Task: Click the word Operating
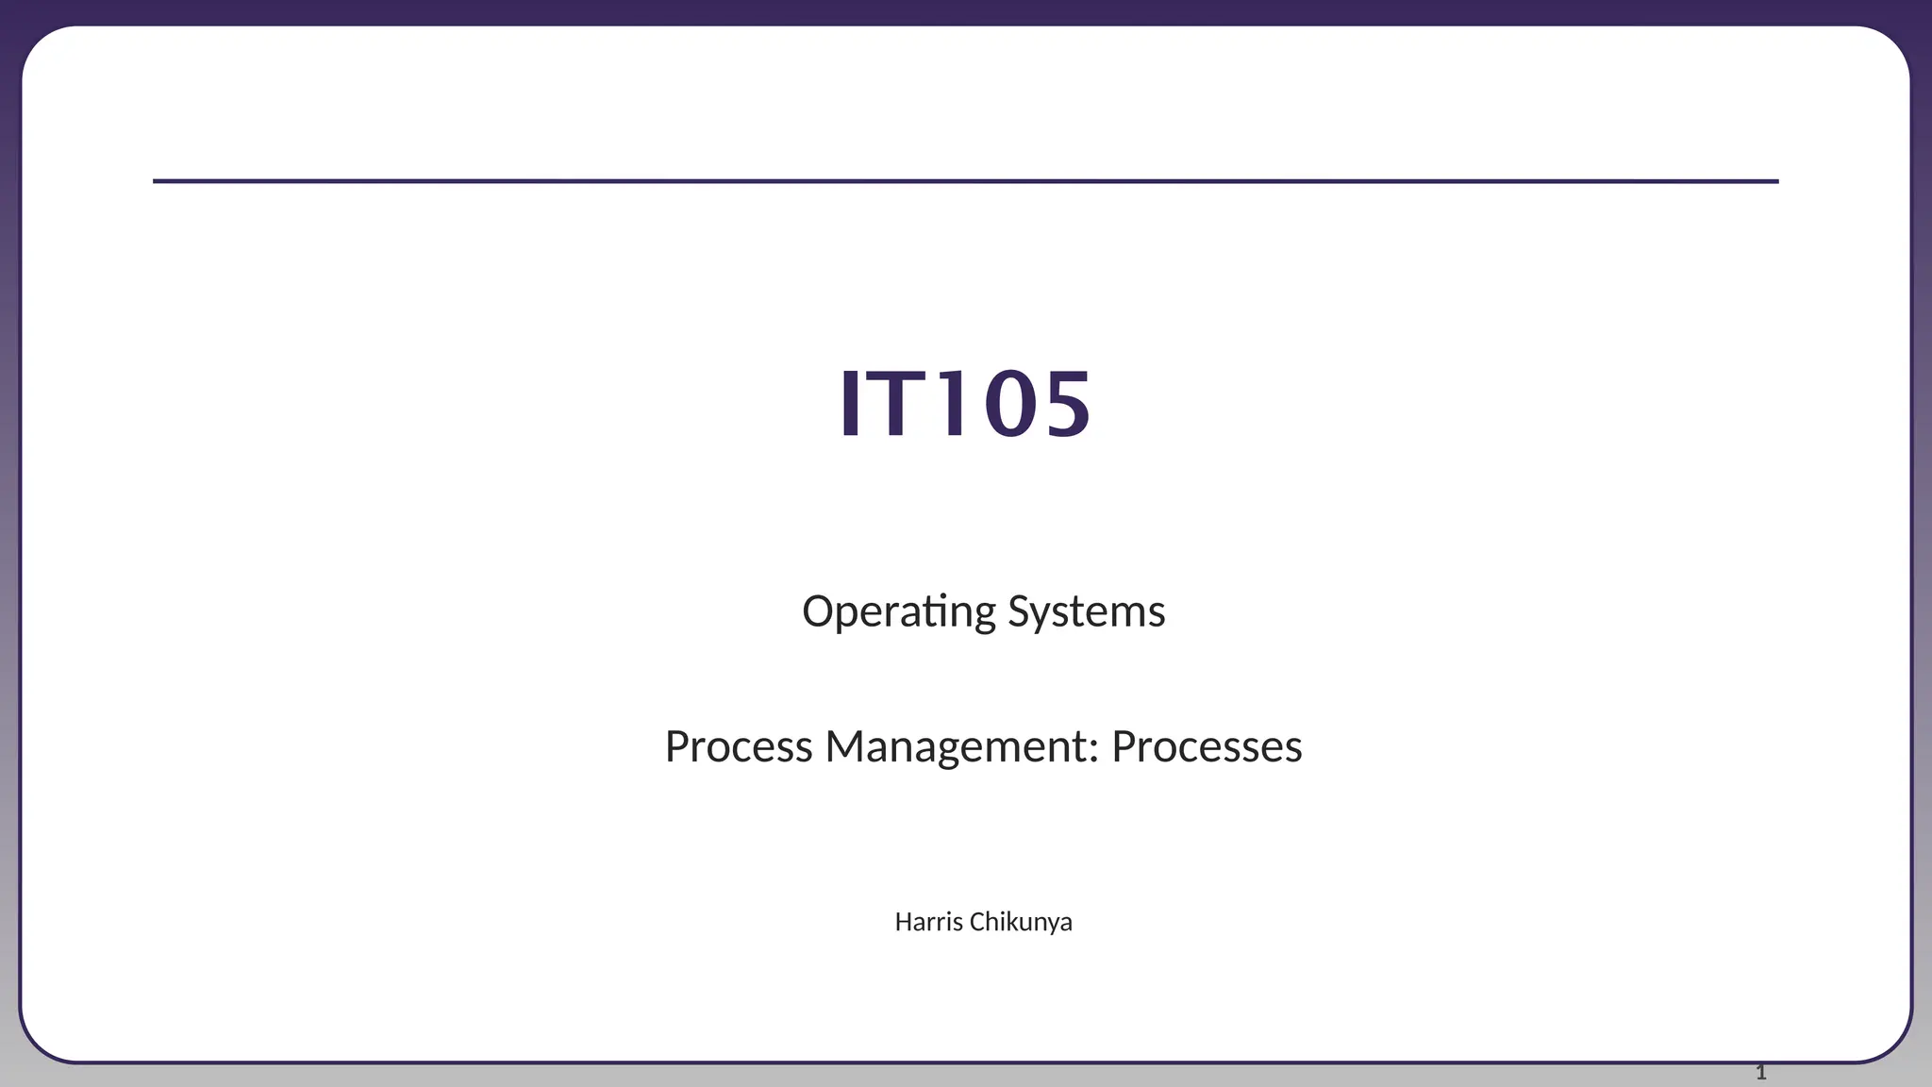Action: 898,611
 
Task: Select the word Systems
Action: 1087,611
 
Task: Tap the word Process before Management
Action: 738,746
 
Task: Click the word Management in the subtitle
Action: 957,746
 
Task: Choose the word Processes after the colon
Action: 1207,746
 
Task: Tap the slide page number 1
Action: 1760,1072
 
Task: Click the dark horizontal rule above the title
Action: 965,181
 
